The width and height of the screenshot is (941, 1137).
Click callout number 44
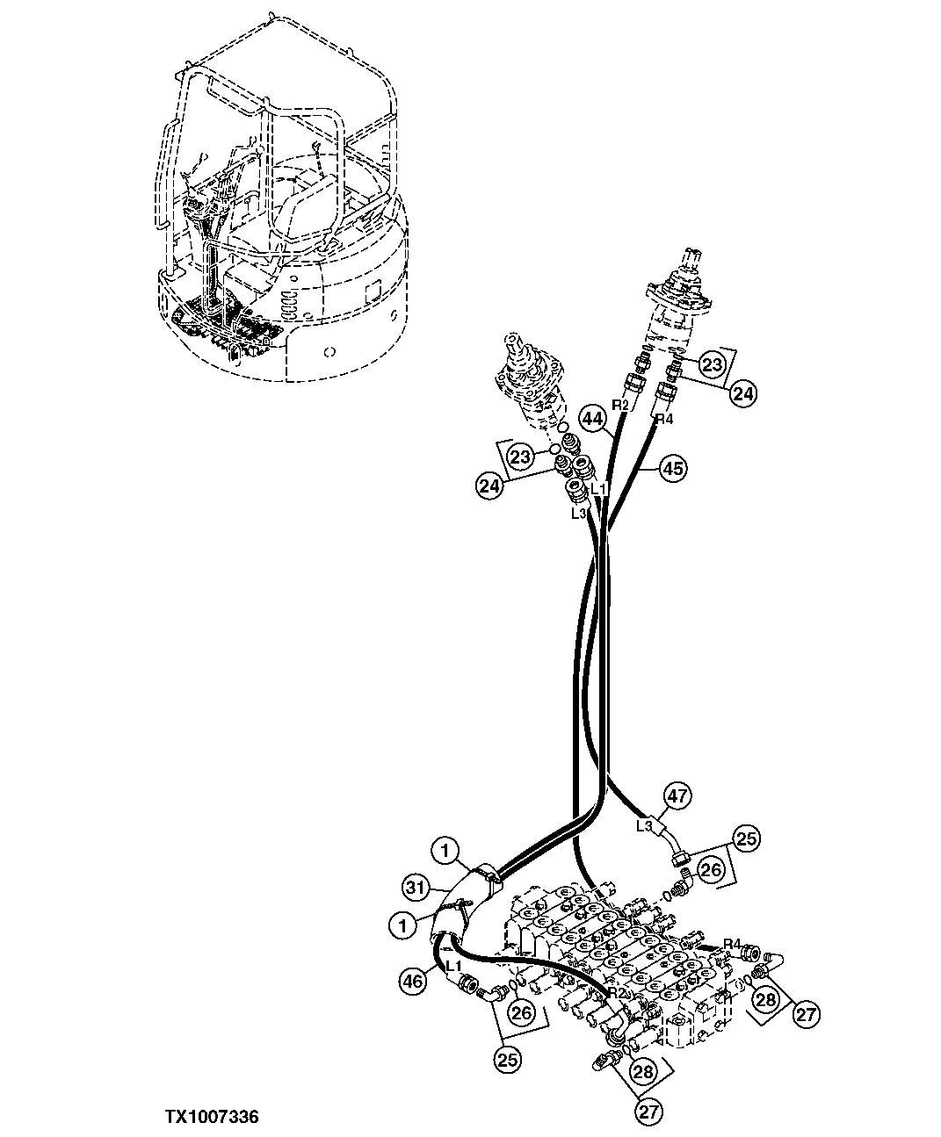click(593, 421)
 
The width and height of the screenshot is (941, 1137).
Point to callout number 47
click(677, 796)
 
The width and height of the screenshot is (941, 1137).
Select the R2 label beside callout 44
click(620, 405)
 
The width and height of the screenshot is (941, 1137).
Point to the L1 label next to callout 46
click(454, 966)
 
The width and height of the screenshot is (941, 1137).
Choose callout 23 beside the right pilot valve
click(713, 363)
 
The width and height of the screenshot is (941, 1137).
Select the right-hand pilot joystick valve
click(680, 294)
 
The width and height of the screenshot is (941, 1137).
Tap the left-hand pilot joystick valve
click(526, 378)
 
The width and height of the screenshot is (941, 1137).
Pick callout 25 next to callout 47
click(747, 839)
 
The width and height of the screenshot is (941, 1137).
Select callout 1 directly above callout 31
click(446, 850)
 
